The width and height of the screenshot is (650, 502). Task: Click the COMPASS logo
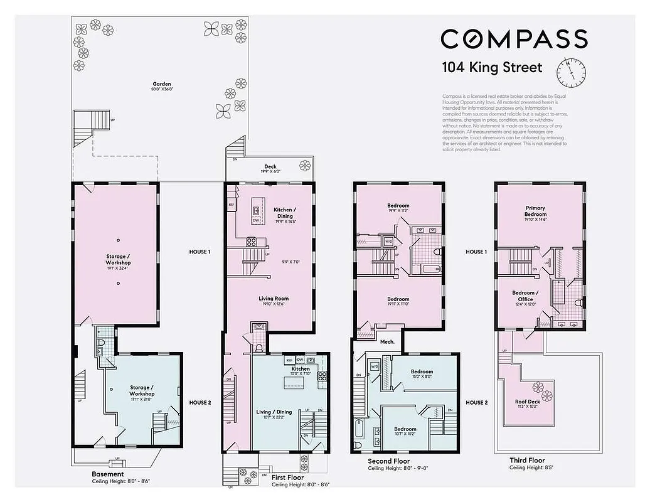coord(514,39)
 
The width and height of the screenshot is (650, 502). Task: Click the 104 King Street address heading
coord(492,67)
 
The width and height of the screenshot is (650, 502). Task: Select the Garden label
coord(161,83)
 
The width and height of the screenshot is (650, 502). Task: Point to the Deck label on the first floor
coord(270,167)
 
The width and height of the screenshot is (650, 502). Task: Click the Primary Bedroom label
coord(535,210)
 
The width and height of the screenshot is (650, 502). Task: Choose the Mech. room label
coord(387,342)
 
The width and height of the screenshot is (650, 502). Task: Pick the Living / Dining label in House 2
coord(272,412)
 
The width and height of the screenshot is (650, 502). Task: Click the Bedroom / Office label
coord(525,296)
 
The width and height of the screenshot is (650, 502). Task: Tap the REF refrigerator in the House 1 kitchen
coord(231,205)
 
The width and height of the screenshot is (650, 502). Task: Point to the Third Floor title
coord(527,460)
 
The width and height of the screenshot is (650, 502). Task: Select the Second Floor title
coord(389,461)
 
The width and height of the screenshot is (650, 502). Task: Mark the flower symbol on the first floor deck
coord(305,166)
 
